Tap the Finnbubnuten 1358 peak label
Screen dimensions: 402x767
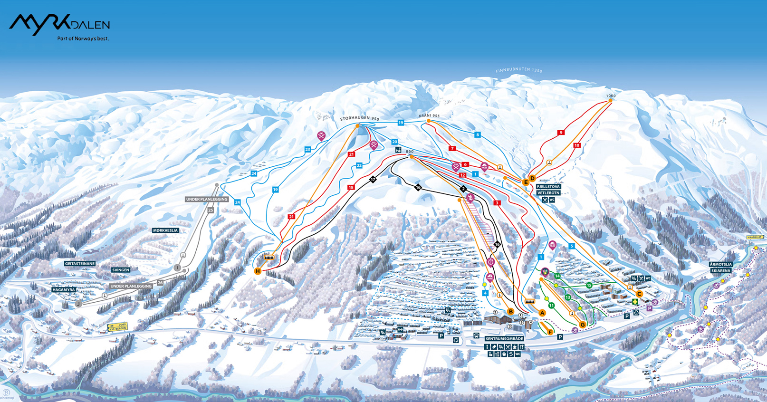[518, 70]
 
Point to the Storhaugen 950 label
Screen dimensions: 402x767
[359, 118]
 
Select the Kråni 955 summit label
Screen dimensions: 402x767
[429, 116]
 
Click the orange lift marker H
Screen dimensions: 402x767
[258, 271]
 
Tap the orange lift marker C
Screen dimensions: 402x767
[639, 294]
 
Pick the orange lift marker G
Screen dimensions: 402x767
[583, 325]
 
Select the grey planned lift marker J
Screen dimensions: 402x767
[78, 304]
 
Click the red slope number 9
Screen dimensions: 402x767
[561, 133]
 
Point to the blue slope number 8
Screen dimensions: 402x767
[478, 135]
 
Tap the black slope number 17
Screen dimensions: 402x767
[373, 180]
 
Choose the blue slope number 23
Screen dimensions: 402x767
[307, 149]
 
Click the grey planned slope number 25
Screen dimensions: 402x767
[211, 210]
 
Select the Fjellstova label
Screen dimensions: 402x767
[548, 187]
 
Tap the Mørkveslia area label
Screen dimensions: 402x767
[165, 230]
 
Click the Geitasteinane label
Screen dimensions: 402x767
[80, 263]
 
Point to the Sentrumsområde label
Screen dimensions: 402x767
[504, 339]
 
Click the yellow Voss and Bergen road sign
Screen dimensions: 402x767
[117, 327]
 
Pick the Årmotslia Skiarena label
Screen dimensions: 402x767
[720, 268]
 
